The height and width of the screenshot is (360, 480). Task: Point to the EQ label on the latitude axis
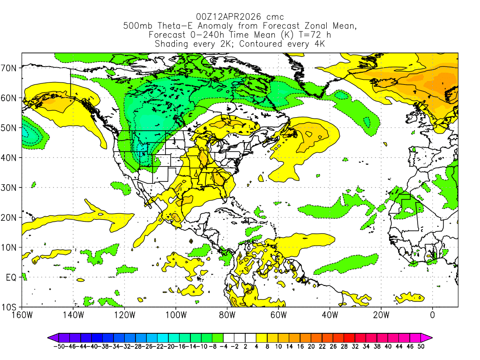(12, 277)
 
